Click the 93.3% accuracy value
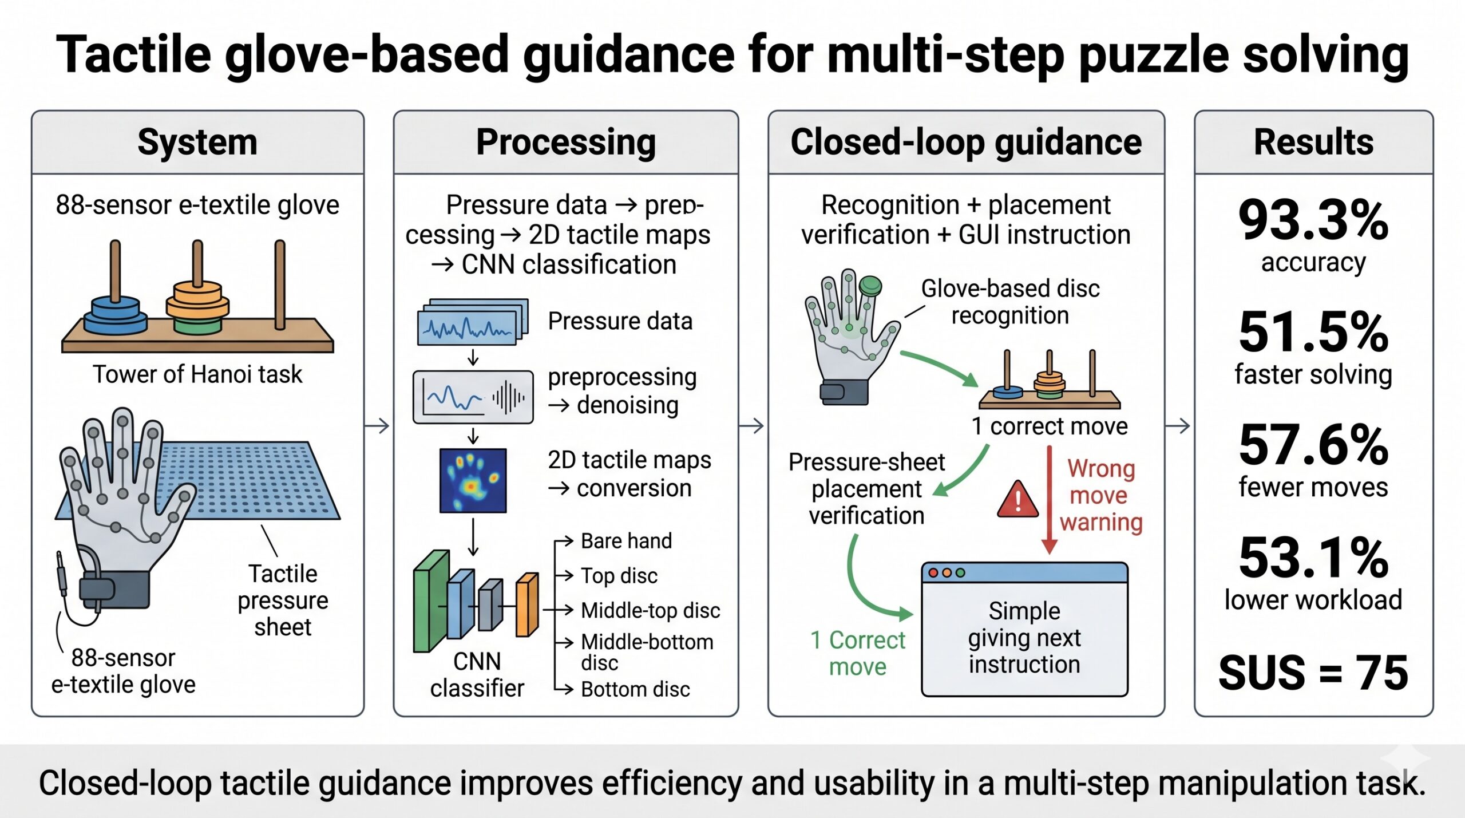tap(1313, 220)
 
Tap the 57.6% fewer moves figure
tap(1313, 445)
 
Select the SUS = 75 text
tap(1313, 672)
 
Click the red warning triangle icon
tap(1017, 499)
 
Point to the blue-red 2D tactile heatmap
tap(473, 480)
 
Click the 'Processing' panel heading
tap(566, 143)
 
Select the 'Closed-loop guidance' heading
tap(966, 143)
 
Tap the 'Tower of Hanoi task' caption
tap(197, 374)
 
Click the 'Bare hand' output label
tap(626, 541)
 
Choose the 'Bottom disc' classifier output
tap(635, 689)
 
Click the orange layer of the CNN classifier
tap(527, 604)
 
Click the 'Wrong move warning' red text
tap(1100, 496)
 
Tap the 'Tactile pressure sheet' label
tap(283, 600)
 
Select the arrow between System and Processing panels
tap(377, 426)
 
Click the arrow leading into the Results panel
tap(1178, 426)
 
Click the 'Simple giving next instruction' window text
tap(1024, 638)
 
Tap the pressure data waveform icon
tap(473, 322)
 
